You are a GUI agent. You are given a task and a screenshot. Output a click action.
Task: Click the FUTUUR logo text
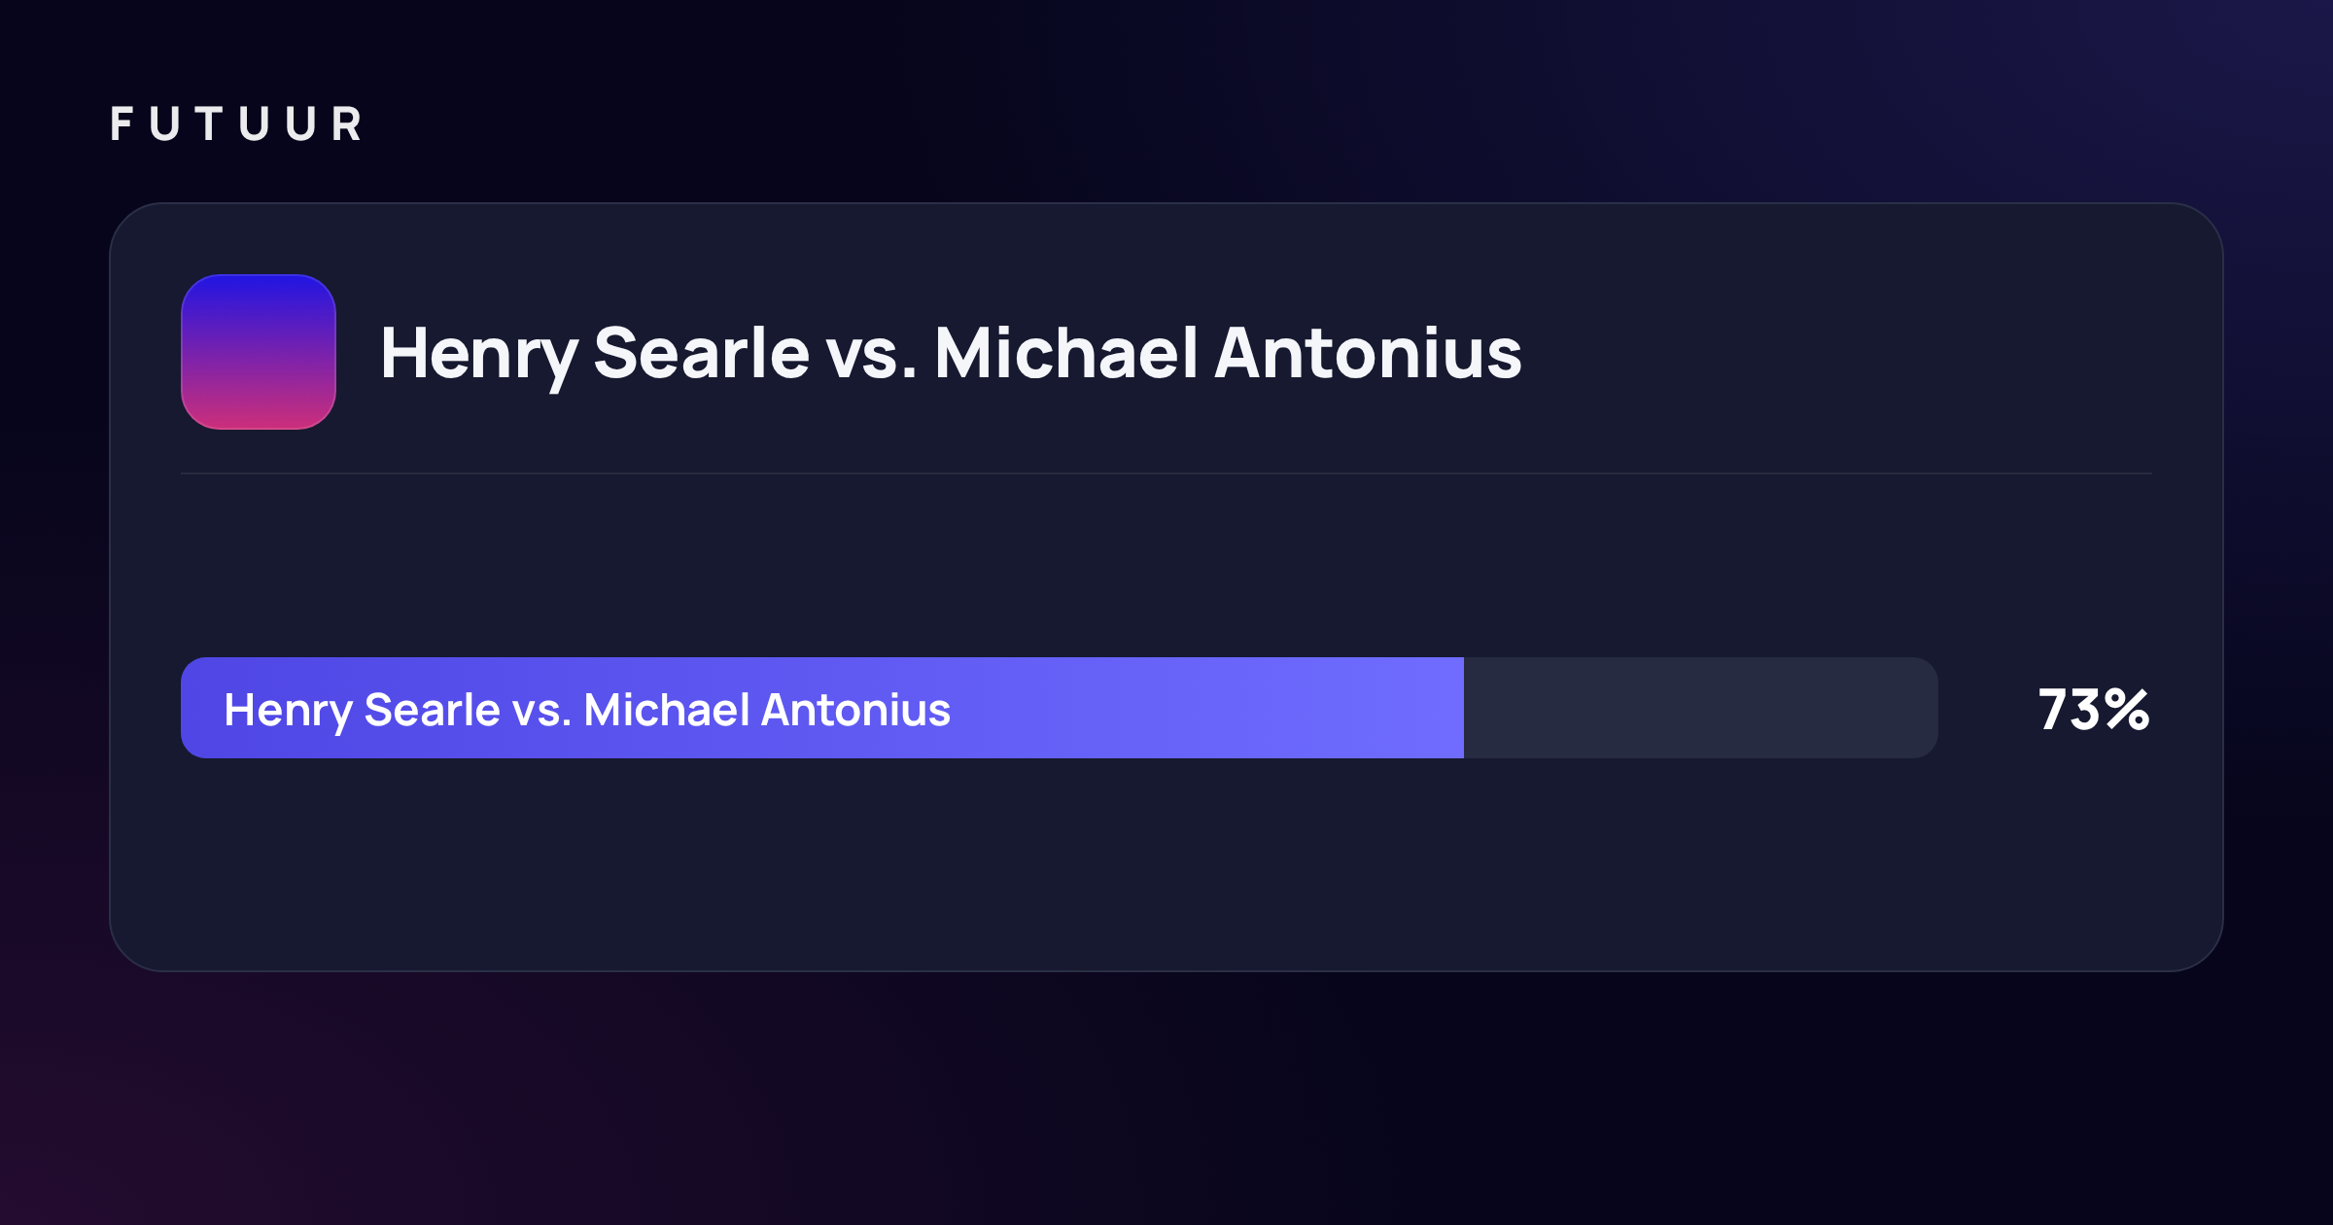coord(236,123)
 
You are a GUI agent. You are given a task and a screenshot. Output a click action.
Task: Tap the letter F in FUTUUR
coord(122,123)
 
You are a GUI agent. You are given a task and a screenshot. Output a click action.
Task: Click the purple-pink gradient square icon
coord(259,352)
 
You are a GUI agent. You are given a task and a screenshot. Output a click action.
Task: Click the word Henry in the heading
coord(479,356)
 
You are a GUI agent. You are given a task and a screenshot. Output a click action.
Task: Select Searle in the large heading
coord(701,352)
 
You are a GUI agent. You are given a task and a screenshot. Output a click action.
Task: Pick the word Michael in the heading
coord(1065,352)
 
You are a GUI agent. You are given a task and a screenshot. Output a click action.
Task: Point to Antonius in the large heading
coord(1368,352)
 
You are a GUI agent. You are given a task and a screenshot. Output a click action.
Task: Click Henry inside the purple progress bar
coord(287,712)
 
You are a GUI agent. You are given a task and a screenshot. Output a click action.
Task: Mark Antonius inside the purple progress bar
coord(855,710)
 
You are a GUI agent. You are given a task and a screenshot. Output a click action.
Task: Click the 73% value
coord(2094,710)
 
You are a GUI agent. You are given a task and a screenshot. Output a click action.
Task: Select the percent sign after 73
coord(2127,710)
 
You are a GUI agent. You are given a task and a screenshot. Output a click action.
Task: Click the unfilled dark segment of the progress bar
coord(1701,708)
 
